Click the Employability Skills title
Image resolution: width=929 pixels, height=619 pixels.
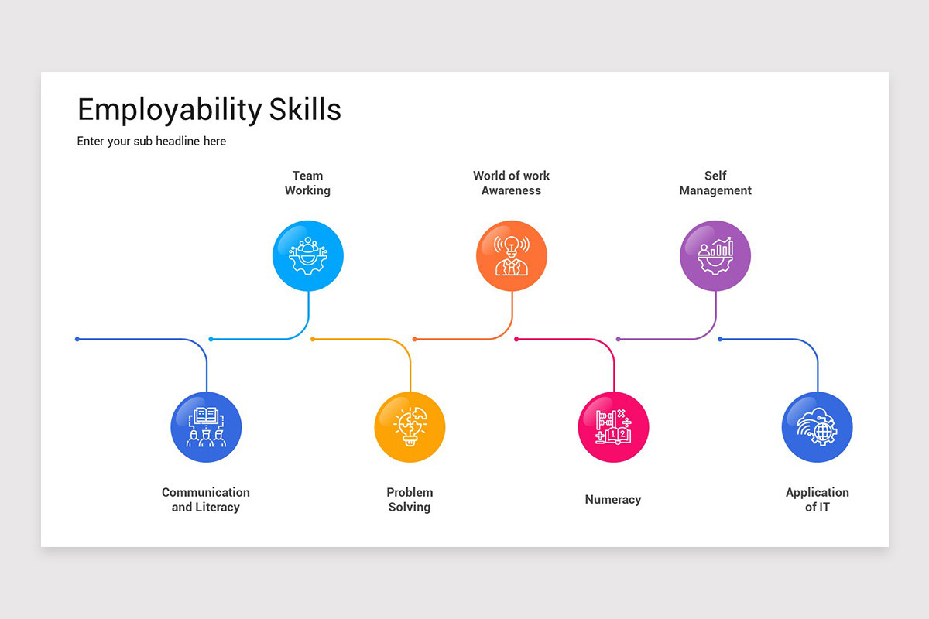(x=209, y=110)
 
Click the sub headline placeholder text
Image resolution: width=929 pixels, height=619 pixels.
(x=152, y=142)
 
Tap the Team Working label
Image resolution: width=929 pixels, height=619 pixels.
(x=307, y=183)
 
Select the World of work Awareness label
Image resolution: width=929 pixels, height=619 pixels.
(x=511, y=183)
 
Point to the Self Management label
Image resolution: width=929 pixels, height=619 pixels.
(x=715, y=183)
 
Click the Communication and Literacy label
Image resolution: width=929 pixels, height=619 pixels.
(x=206, y=500)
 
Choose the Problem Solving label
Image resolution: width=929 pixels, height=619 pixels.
(x=410, y=500)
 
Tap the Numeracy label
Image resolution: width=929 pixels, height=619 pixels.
(x=613, y=500)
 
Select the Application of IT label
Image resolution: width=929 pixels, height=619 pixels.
(x=817, y=500)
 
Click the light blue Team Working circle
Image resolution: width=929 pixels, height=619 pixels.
(x=308, y=256)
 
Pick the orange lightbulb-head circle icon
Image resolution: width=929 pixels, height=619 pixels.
(x=512, y=256)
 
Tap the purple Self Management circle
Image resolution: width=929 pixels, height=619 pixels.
(x=715, y=256)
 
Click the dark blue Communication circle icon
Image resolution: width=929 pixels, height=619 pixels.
(x=206, y=427)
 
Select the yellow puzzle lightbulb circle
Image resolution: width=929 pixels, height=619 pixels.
(x=410, y=427)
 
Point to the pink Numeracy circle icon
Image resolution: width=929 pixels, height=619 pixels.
(x=613, y=427)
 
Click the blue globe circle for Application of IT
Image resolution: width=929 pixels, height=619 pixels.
(x=817, y=427)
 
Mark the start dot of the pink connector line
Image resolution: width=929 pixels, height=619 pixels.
(x=516, y=339)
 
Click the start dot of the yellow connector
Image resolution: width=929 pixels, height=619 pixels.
(x=313, y=339)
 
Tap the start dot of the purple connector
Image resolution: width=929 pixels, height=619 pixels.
(x=618, y=339)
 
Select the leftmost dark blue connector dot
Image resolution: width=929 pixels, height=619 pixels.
(x=77, y=339)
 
